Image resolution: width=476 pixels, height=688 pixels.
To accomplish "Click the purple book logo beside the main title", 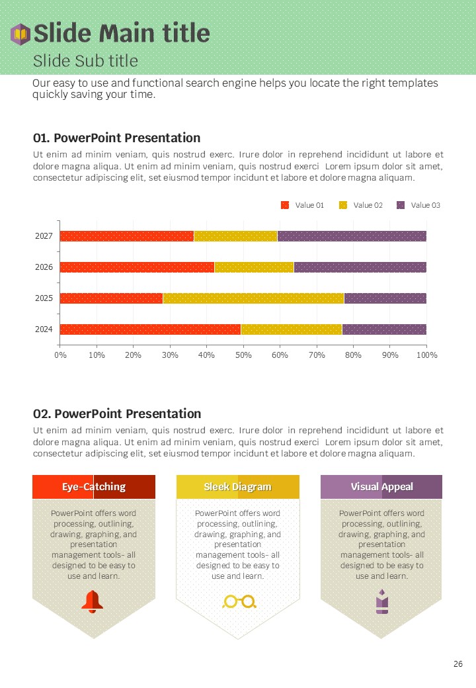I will tap(20, 34).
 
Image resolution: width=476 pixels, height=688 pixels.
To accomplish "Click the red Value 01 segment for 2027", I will tap(126, 236).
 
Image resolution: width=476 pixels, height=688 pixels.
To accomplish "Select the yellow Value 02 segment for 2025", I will tap(253, 298).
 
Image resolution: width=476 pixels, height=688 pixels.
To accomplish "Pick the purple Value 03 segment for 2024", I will tap(384, 329).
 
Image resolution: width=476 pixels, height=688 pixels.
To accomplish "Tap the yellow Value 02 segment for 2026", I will tap(254, 267).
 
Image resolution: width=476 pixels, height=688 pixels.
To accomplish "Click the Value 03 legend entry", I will tap(418, 205).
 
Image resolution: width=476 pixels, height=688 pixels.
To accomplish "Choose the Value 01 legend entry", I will tap(303, 205).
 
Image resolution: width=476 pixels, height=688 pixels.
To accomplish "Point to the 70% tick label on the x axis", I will tap(317, 355).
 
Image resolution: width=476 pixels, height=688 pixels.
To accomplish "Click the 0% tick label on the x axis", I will tap(60, 355).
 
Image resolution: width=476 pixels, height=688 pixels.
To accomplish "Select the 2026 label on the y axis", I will tap(44, 267).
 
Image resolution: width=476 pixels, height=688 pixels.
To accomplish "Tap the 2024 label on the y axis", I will tap(44, 329).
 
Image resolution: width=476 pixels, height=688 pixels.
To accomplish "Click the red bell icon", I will tap(93, 601).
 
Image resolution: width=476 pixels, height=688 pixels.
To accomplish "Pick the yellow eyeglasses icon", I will tap(239, 601).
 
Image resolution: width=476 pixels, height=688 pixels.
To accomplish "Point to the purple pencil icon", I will tap(381, 601).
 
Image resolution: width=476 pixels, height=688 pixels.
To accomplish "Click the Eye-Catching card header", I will tap(94, 487).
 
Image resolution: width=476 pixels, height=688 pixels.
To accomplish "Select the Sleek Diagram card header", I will tap(237, 487).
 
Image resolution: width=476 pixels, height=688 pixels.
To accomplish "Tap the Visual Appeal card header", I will tap(381, 487).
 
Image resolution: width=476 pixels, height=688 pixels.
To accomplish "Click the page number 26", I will tap(458, 664).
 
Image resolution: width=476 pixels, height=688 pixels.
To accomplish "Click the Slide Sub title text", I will tap(85, 61).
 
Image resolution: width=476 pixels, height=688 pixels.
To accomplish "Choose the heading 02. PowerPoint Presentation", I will tap(117, 413).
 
